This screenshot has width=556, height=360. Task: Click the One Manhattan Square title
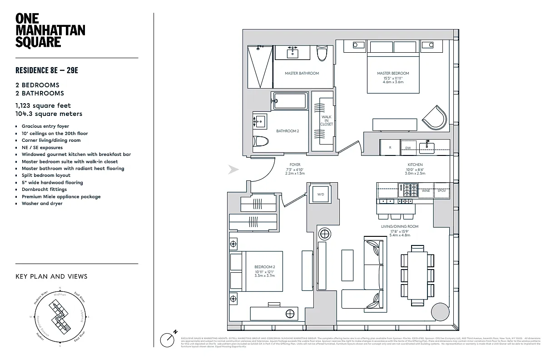pyautogui.click(x=50, y=30)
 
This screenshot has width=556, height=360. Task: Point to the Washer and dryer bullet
pyautogui.click(x=42, y=204)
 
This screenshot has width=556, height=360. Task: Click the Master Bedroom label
pyautogui.click(x=393, y=73)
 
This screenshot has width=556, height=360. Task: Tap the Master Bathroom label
pyautogui.click(x=302, y=73)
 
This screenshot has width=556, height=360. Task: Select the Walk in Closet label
pyautogui.click(x=326, y=120)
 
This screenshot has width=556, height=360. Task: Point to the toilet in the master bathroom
pyautogui.click(x=322, y=54)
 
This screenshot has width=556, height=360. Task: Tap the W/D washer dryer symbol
pyautogui.click(x=321, y=195)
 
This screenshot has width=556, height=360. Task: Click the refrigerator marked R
pyautogui.click(x=390, y=148)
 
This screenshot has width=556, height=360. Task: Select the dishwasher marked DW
pyautogui.click(x=408, y=148)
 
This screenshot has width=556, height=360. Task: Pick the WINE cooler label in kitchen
pyautogui.click(x=426, y=191)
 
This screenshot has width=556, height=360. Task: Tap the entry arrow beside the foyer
pyautogui.click(x=233, y=170)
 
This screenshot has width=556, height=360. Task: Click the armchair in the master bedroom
pyautogui.click(x=435, y=118)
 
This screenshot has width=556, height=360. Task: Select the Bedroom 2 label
pyautogui.click(x=264, y=267)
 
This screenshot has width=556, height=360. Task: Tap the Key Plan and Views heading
pyautogui.click(x=51, y=276)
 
